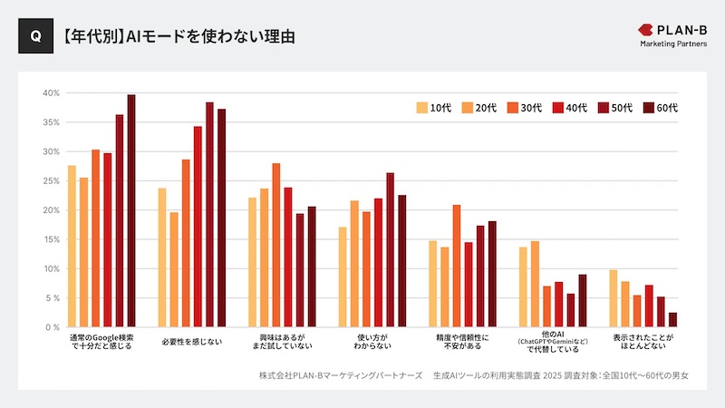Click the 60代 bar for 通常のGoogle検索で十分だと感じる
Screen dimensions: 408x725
[131, 210]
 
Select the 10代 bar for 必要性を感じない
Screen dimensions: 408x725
[162, 257]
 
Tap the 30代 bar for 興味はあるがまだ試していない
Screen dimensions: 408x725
[276, 245]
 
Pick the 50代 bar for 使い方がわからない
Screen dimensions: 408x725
[390, 249]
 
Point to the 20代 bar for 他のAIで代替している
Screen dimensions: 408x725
[535, 284]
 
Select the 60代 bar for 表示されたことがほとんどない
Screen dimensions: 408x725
[672, 319]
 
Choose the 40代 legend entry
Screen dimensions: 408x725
[573, 108]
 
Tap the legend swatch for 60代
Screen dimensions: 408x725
[648, 108]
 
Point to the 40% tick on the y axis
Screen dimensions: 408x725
[51, 92]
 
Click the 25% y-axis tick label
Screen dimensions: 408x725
[51, 180]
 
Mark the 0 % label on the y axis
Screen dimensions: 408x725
[51, 327]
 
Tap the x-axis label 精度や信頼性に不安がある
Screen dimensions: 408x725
[462, 342]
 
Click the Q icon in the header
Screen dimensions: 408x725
[35, 36]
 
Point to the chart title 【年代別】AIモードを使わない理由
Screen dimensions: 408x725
[178, 37]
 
